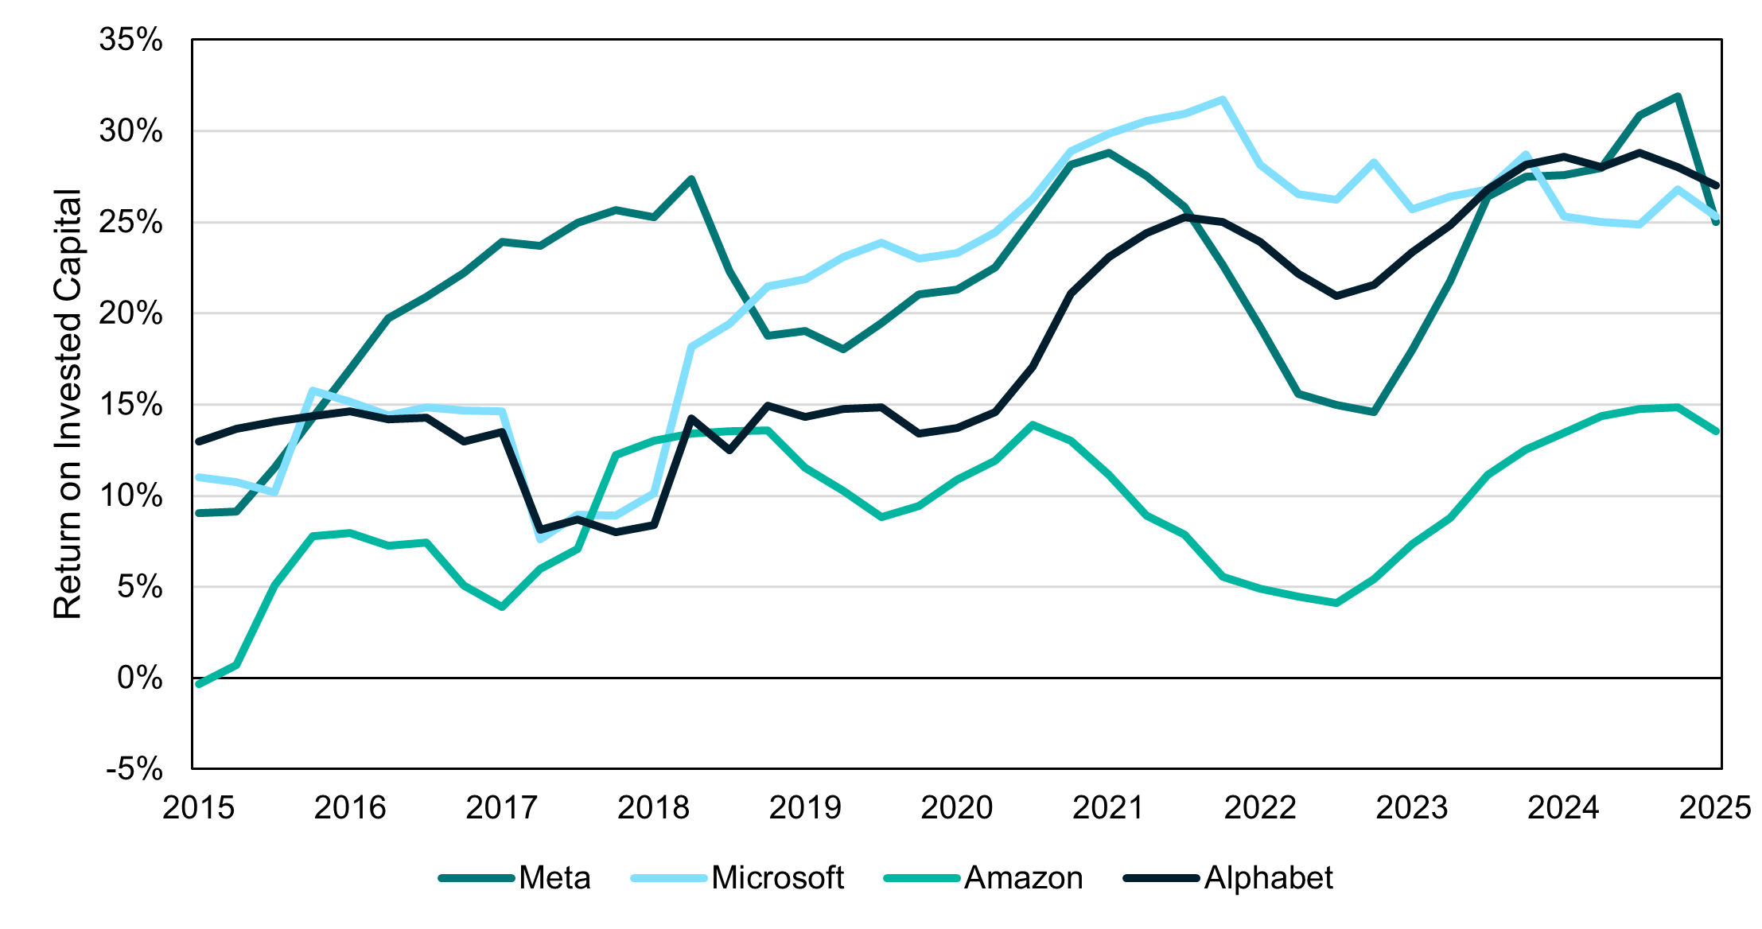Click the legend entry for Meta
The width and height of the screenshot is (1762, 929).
(554, 878)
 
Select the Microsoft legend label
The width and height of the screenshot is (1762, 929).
(776, 878)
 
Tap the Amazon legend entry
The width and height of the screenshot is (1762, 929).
(1023, 878)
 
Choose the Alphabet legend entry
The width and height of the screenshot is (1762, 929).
(1268, 878)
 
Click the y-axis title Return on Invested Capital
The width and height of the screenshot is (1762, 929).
(68, 404)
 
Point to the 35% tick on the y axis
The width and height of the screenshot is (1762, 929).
(131, 40)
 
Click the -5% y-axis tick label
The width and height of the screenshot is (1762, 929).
(134, 769)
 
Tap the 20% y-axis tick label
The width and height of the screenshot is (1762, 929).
(131, 313)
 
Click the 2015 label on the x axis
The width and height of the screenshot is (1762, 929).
(198, 808)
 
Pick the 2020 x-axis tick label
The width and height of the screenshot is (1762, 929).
(957, 808)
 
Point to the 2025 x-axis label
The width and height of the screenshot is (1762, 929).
(1715, 808)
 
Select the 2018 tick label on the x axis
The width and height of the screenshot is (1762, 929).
(653, 808)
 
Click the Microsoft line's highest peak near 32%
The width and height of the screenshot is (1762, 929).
(1223, 99)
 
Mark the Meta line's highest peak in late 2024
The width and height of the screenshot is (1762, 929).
(1678, 96)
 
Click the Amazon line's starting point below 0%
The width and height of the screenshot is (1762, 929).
(199, 684)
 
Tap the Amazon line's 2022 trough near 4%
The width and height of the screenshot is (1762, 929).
(1336, 603)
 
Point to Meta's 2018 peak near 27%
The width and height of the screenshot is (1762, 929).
(692, 179)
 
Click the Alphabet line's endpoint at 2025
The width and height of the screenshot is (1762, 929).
(1716, 185)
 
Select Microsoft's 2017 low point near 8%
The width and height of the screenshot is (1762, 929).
(541, 539)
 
